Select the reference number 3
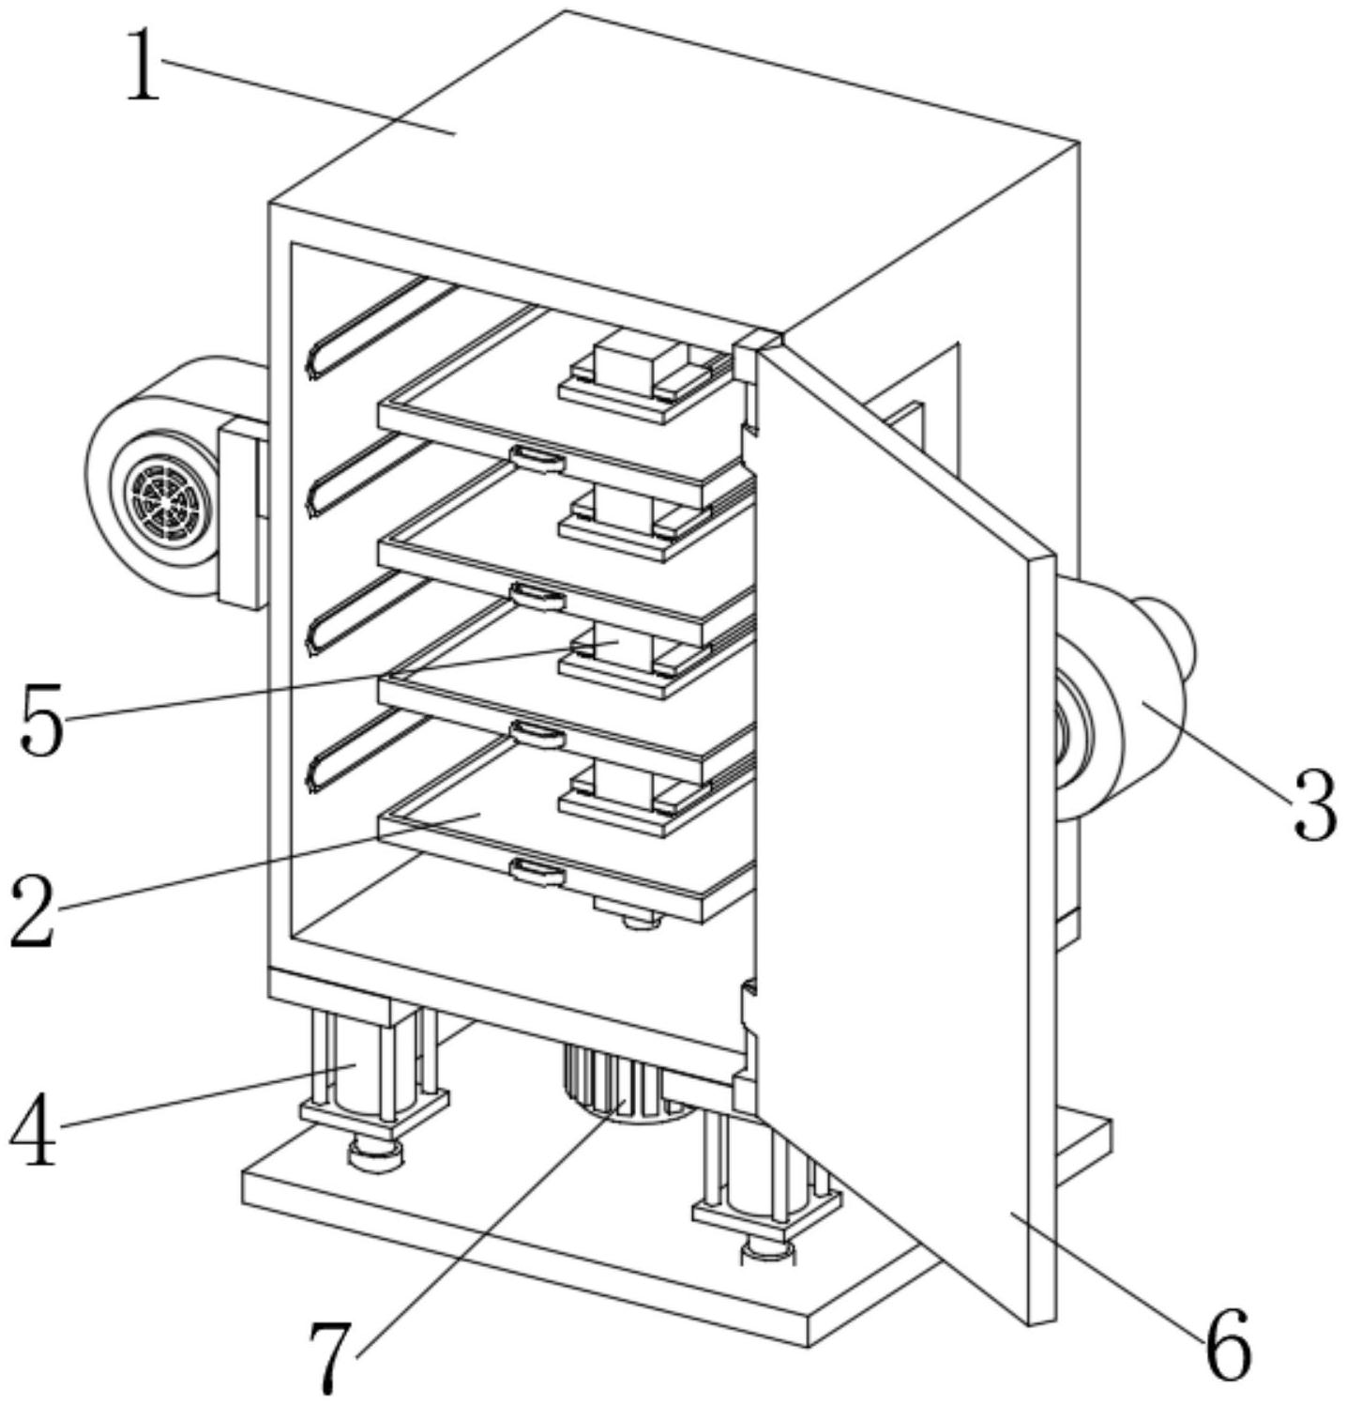[1312, 804]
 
